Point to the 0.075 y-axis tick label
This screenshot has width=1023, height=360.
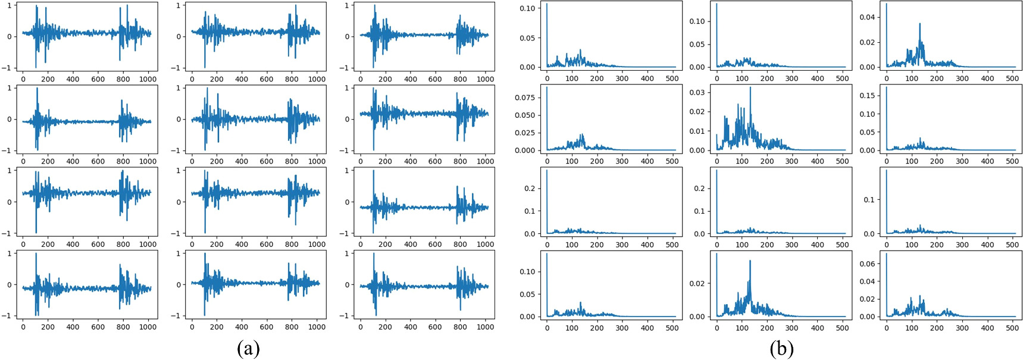[x=525, y=98]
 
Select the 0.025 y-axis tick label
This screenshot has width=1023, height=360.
[x=525, y=133]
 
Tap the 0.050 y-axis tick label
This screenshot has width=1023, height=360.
[x=525, y=115]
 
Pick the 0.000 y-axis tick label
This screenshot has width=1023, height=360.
[x=525, y=151]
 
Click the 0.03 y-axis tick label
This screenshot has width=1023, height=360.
[x=697, y=92]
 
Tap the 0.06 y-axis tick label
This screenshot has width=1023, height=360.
[x=868, y=264]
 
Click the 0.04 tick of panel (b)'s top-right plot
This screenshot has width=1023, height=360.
[x=868, y=17]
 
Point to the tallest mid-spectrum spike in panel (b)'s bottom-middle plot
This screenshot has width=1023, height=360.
[x=750, y=261]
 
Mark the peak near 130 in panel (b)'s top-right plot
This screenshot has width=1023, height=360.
[x=919, y=24]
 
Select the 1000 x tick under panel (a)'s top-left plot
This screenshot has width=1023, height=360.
[x=148, y=79]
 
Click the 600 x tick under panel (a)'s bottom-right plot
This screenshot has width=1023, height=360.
[x=435, y=327]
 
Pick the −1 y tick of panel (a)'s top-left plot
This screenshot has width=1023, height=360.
[x=9, y=68]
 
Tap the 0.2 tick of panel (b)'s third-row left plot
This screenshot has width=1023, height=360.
[x=530, y=189]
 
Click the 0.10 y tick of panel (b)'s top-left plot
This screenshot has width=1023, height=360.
[x=528, y=8]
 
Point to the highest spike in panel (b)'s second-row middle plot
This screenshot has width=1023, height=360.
[x=750, y=88]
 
